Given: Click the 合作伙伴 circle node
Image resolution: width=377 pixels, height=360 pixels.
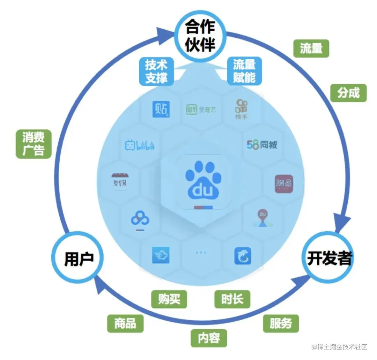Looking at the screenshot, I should [x=200, y=36].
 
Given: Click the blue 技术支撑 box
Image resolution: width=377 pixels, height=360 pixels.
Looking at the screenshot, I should [x=156, y=71].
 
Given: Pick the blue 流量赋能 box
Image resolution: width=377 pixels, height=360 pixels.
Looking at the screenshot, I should [x=244, y=71].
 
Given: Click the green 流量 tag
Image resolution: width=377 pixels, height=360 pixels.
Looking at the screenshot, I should [x=311, y=48].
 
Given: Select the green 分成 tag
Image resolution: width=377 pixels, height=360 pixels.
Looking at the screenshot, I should [x=348, y=93].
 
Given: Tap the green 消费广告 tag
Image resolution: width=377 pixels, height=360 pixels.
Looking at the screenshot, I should [x=34, y=144].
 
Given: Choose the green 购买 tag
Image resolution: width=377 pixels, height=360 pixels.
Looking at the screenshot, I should [x=169, y=299].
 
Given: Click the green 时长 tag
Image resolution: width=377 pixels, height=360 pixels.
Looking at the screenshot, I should [x=232, y=299].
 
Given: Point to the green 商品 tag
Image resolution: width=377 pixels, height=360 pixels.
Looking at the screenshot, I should [x=125, y=323].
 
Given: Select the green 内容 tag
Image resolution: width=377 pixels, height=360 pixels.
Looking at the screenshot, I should [x=209, y=338].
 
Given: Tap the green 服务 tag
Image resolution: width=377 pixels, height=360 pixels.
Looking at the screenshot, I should [x=281, y=323].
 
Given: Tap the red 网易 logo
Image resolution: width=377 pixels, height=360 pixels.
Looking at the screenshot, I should [x=283, y=183].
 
